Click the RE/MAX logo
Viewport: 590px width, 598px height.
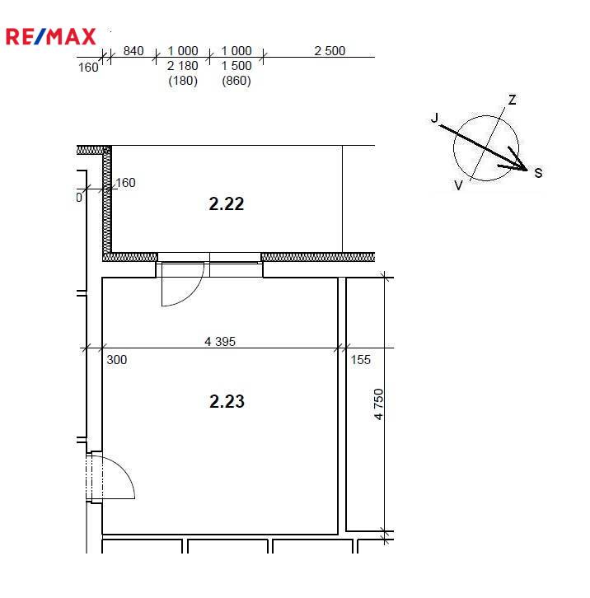pyautogui.click(x=51, y=36)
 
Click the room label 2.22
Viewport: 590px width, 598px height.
pyautogui.click(x=227, y=203)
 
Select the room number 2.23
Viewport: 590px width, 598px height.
pyautogui.click(x=227, y=401)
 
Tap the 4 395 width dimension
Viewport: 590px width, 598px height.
pyautogui.click(x=220, y=341)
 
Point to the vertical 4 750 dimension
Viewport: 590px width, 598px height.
pyautogui.click(x=378, y=404)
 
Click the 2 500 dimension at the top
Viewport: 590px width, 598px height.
pyautogui.click(x=330, y=51)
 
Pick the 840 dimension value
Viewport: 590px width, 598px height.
pyautogui.click(x=133, y=51)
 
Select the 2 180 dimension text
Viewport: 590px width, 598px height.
pyautogui.click(x=182, y=66)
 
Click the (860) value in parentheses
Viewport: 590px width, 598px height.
pyautogui.click(x=236, y=81)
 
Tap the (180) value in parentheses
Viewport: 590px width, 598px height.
pyautogui.click(x=183, y=81)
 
